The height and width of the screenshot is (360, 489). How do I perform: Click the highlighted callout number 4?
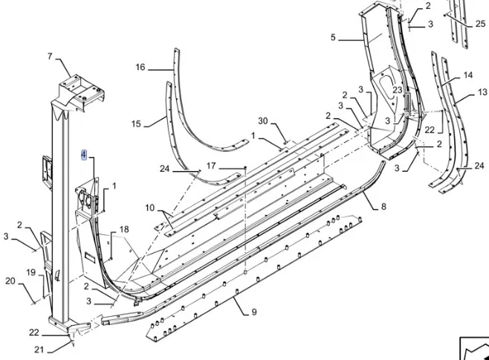point(84,155)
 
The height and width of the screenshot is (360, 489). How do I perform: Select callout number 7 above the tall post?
point(50,57)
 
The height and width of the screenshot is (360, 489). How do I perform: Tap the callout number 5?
point(333,37)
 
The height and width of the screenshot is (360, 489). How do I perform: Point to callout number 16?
point(140,68)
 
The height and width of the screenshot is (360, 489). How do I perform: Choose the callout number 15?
point(136,123)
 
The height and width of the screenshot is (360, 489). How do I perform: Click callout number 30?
point(262,120)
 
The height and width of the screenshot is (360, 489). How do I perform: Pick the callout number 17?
point(211,165)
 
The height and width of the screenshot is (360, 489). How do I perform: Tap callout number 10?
point(150,208)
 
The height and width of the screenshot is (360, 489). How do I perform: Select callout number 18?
point(124,229)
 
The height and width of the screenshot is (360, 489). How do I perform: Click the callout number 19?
point(30,273)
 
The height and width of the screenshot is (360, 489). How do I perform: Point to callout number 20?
point(10,280)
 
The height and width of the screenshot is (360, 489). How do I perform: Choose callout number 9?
point(253,312)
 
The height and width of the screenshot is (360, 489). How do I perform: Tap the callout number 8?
point(383,207)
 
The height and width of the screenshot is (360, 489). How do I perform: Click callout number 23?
point(398,90)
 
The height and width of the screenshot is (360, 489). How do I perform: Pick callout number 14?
point(467,75)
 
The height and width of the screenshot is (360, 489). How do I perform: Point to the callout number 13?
point(482,93)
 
